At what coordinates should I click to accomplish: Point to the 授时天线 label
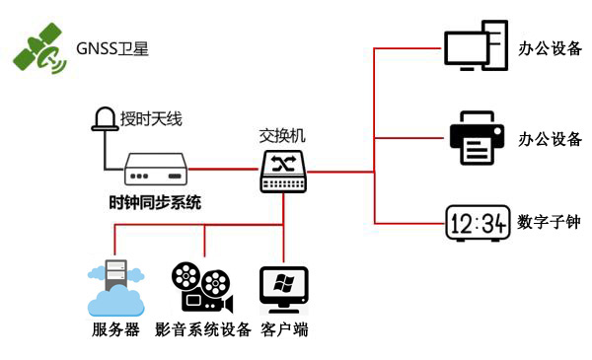point(151,120)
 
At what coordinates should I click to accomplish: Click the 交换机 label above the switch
point(284,135)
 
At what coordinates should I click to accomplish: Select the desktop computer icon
point(475,48)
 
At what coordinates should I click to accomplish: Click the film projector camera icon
point(200,286)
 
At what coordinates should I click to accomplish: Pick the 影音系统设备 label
point(203,329)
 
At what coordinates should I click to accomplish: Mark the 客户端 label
point(284,329)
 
